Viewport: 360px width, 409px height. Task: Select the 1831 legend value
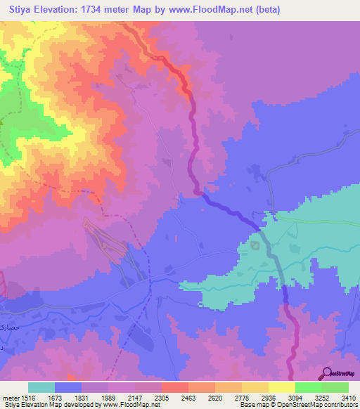click(94, 397)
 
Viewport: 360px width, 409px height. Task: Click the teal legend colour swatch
click(41, 387)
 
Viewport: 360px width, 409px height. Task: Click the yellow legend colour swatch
click(282, 387)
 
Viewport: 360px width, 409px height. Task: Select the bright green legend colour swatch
click(309, 387)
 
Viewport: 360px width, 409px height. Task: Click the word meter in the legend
click(11, 397)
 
